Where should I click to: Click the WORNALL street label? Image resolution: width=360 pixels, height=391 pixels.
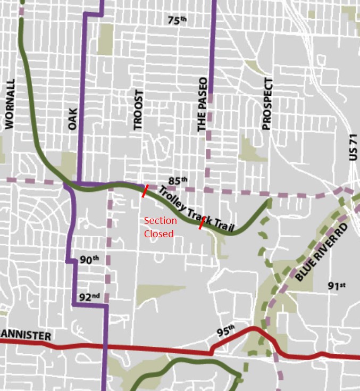click(x=9, y=105)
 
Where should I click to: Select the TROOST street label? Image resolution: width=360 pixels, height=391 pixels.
click(x=138, y=110)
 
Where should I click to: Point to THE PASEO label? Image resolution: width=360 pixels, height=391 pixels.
click(x=202, y=111)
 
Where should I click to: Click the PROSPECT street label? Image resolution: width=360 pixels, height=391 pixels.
click(x=267, y=104)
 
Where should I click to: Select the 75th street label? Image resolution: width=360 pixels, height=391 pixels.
click(x=178, y=21)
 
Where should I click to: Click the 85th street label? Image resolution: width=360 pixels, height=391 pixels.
click(x=178, y=180)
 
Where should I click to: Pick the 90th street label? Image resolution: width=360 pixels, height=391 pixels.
click(x=89, y=260)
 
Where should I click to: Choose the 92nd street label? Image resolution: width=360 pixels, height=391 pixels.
click(x=89, y=297)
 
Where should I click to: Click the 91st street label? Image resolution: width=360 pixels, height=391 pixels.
click(x=337, y=286)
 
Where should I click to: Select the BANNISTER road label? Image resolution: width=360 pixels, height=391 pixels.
click(x=26, y=336)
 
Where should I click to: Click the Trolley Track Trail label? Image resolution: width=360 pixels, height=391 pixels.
click(x=196, y=209)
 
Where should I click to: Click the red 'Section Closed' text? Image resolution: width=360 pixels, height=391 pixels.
click(x=160, y=227)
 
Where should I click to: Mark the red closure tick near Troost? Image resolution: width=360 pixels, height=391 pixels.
click(x=144, y=190)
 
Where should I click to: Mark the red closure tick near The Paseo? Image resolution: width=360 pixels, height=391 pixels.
click(x=200, y=223)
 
